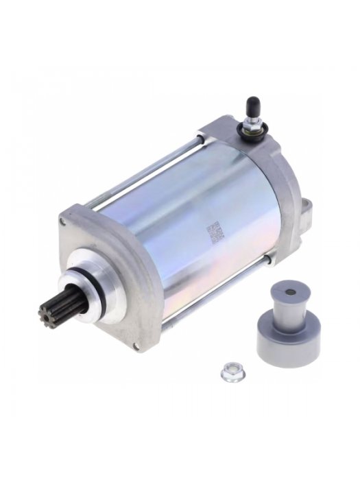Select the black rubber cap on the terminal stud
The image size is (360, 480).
click(252, 106)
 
